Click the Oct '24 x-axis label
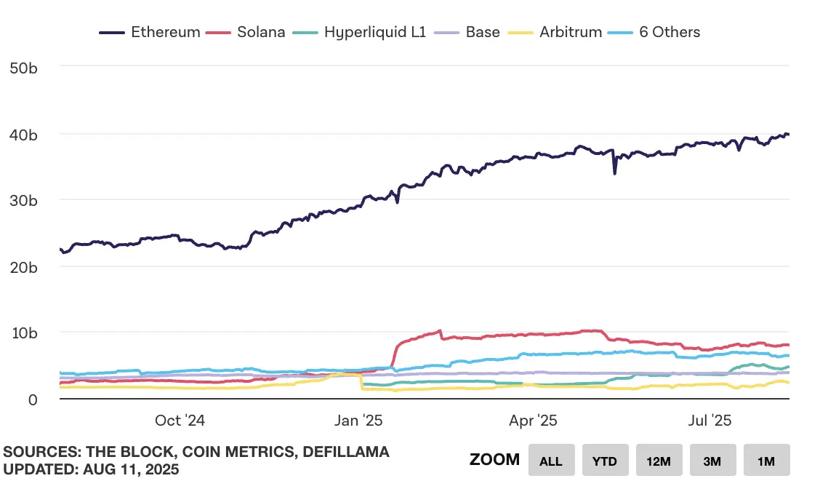180,421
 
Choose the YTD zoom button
605,461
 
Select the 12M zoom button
659,461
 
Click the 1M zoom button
766,461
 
